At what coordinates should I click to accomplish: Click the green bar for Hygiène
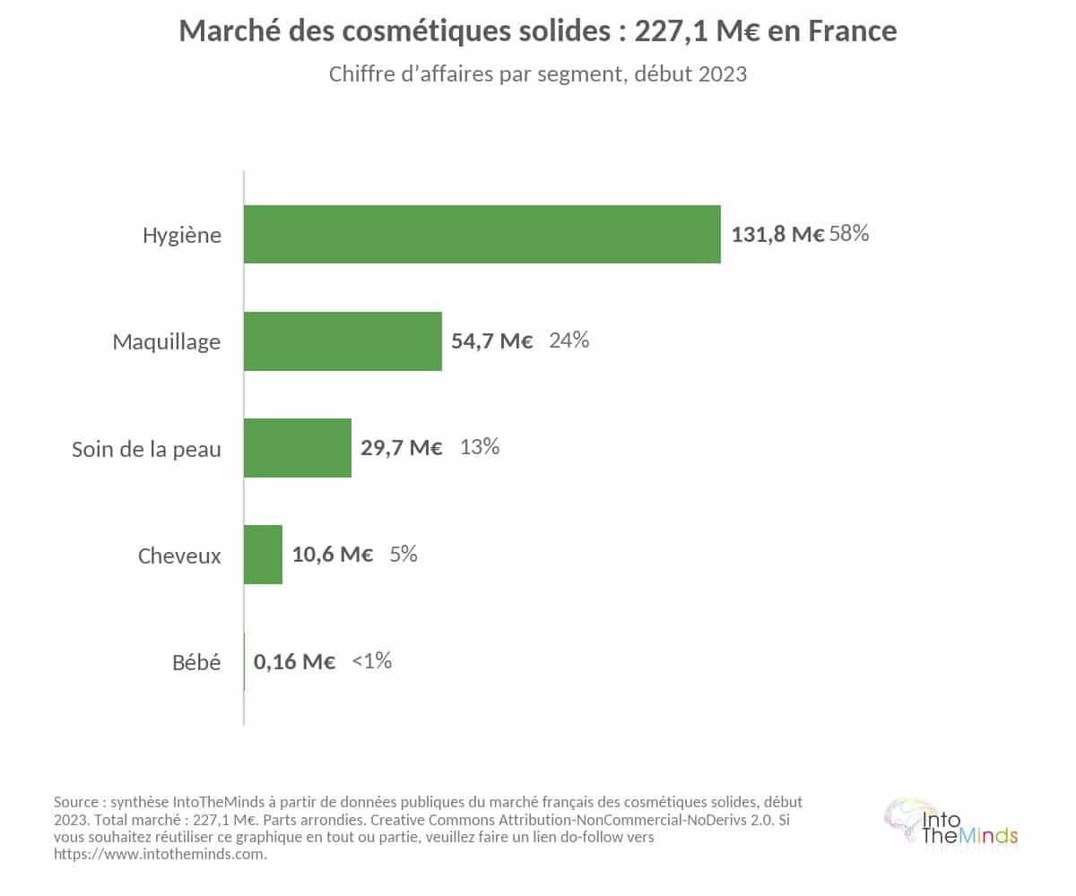(x=482, y=234)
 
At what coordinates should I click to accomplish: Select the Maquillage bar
(x=343, y=340)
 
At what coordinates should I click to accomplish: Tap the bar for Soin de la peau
(x=298, y=448)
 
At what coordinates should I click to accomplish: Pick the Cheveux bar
(x=264, y=555)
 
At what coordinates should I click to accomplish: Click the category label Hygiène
(x=182, y=236)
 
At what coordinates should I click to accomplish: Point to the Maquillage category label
(x=167, y=342)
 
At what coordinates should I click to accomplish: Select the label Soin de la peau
(x=146, y=449)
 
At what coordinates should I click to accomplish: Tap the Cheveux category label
(x=179, y=556)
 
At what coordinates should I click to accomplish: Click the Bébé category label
(x=196, y=662)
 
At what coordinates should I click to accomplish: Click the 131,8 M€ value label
(x=777, y=234)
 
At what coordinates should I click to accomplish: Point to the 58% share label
(x=849, y=233)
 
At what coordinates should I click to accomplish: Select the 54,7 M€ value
(x=491, y=340)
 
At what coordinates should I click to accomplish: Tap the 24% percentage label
(x=568, y=340)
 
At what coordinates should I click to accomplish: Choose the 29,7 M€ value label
(x=401, y=448)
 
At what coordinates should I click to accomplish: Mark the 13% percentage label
(x=479, y=447)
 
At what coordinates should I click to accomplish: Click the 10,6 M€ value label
(x=333, y=555)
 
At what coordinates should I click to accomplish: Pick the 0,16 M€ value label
(x=294, y=662)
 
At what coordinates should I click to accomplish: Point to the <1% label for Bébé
(x=371, y=660)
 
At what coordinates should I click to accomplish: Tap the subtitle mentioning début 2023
(x=537, y=74)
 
